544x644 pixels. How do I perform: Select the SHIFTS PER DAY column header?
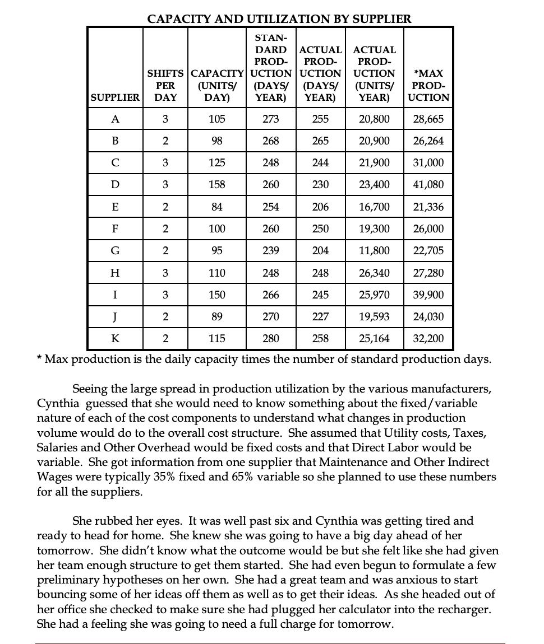[165, 85]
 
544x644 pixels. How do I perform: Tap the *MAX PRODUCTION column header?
[428, 85]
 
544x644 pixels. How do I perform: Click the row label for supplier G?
[115, 251]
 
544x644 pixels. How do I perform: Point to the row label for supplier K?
[115, 338]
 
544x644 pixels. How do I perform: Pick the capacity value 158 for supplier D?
[217, 185]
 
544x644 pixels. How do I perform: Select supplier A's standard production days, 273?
[271, 119]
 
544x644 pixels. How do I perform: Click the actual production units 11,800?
[374, 251]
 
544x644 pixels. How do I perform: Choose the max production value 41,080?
[428, 185]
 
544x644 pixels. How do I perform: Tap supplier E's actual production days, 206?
[320, 207]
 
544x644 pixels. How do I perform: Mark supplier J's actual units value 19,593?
[374, 316]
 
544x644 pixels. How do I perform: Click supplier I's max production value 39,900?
[428, 295]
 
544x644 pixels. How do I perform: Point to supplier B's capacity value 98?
[217, 141]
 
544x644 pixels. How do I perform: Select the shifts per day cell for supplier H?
[165, 273]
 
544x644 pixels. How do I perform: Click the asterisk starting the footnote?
[39, 358]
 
